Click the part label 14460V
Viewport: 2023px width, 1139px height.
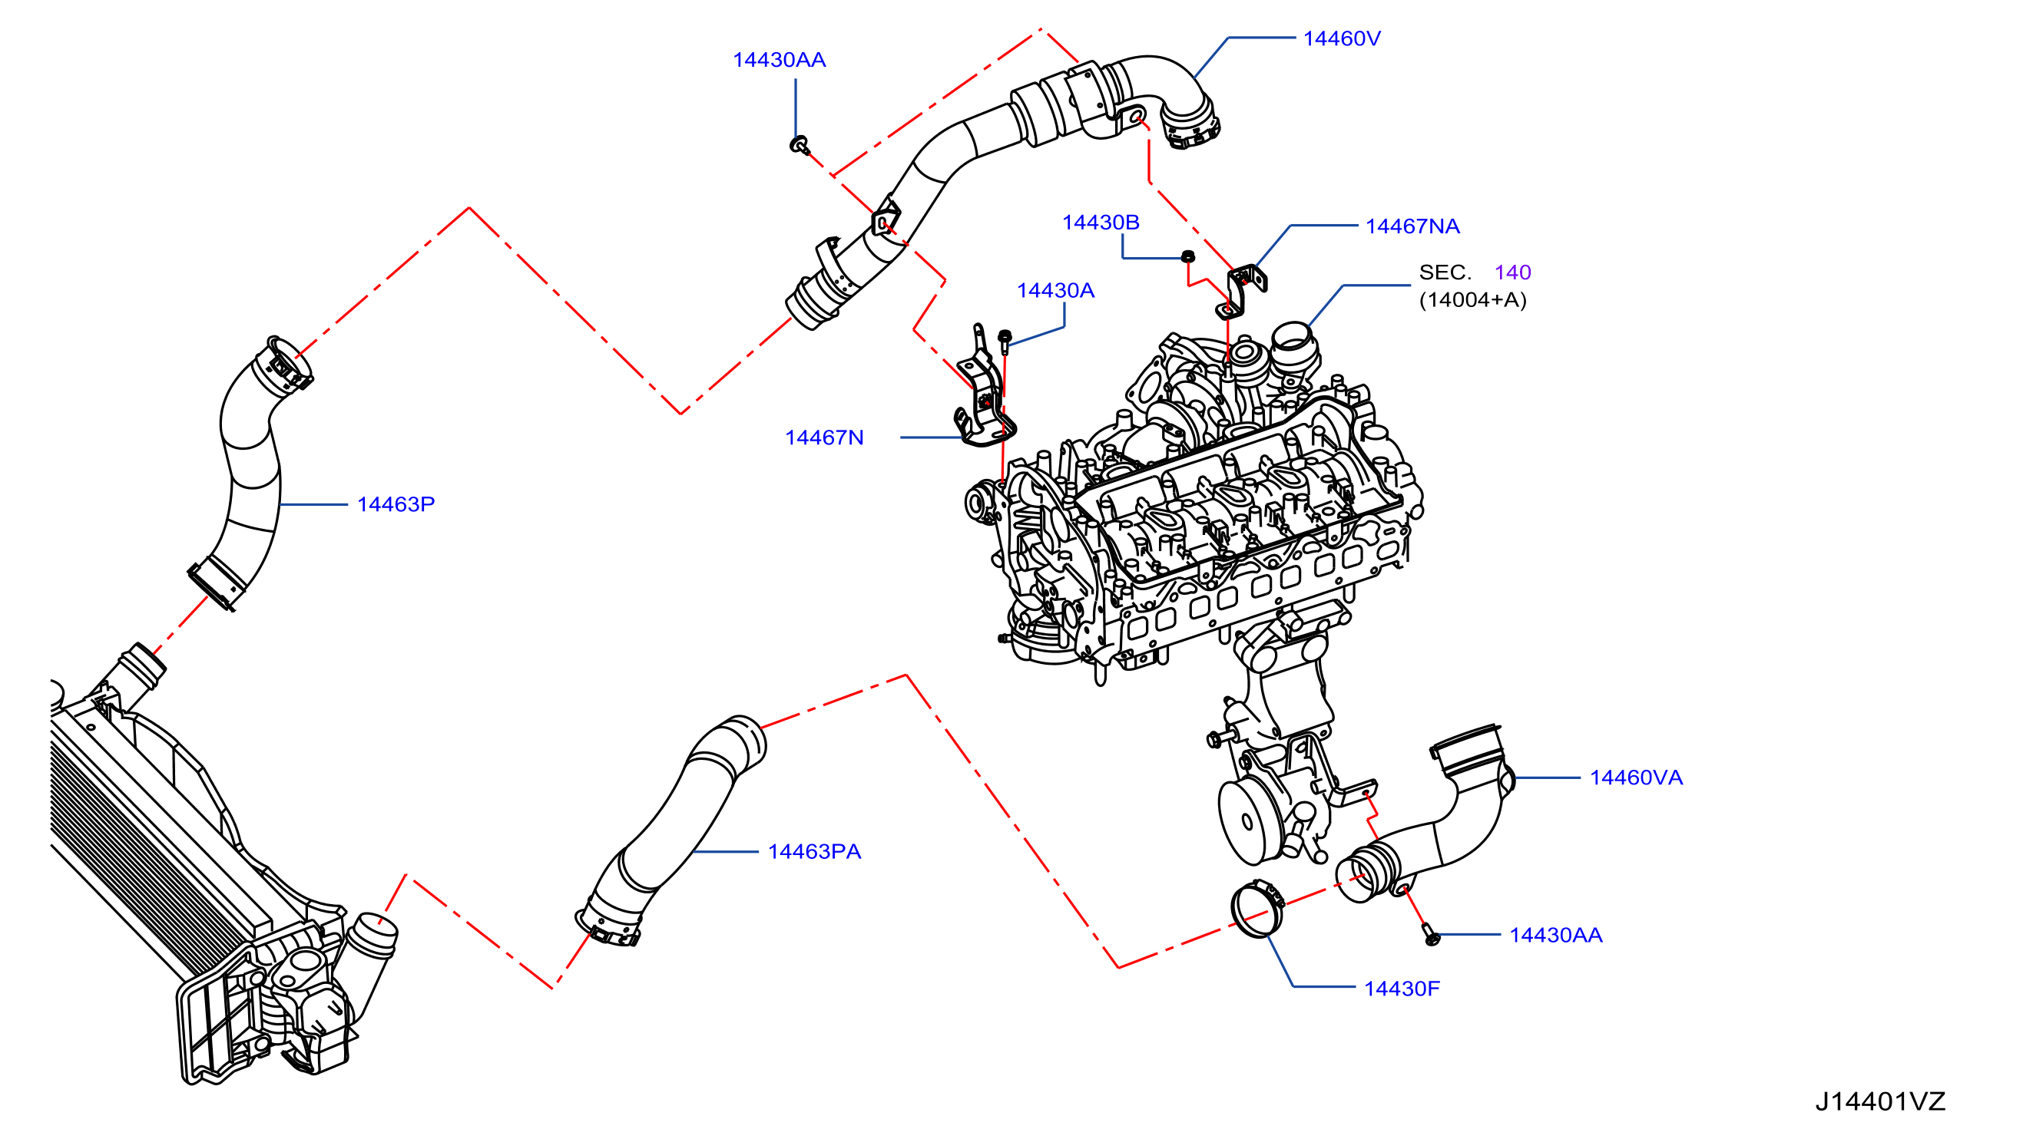click(1341, 38)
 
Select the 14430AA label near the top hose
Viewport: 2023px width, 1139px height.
click(779, 60)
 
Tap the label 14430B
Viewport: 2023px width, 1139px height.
click(1101, 222)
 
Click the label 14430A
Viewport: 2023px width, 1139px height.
click(1055, 290)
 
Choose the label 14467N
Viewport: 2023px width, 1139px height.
click(824, 437)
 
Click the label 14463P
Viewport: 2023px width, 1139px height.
click(396, 504)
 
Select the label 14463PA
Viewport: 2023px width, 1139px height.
click(814, 852)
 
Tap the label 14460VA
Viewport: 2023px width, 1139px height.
click(1636, 778)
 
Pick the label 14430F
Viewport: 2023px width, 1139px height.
click(1402, 989)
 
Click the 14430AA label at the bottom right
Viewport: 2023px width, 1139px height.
click(1556, 936)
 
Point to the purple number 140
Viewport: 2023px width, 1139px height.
click(1512, 272)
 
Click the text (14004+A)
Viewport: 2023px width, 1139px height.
click(1472, 300)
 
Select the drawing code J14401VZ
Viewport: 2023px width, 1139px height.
click(1880, 1102)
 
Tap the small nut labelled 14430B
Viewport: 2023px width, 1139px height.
click(1188, 255)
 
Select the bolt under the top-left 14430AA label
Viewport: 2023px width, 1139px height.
click(799, 144)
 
